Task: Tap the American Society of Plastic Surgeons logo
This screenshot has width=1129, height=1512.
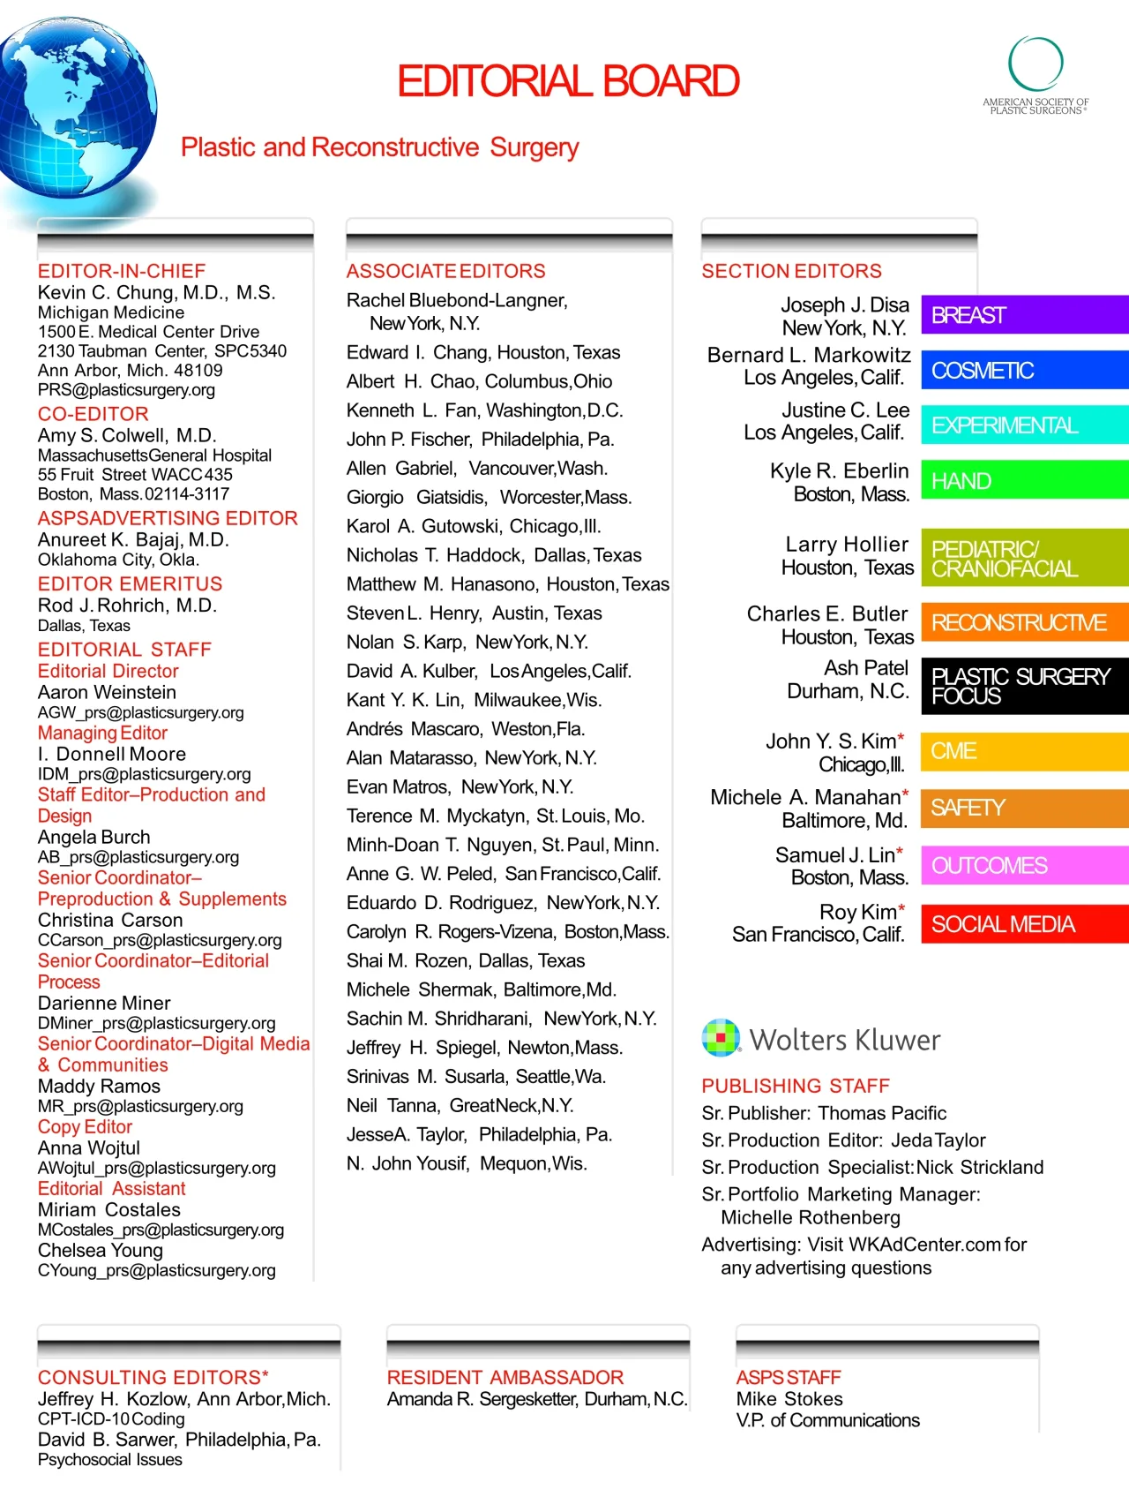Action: tap(1036, 75)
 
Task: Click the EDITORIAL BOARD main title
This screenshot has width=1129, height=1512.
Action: tap(568, 81)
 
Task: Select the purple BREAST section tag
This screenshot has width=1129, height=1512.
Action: tap(1024, 315)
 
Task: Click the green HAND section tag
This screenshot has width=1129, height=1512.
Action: tap(1024, 481)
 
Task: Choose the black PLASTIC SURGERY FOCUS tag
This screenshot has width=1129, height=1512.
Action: tap(1024, 686)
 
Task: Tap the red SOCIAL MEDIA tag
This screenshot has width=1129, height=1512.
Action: tap(1024, 924)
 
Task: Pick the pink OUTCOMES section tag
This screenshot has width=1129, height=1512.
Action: tap(1024, 866)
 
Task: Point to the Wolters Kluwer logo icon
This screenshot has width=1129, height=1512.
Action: tap(721, 1038)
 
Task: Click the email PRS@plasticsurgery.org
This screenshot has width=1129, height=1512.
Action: tap(126, 390)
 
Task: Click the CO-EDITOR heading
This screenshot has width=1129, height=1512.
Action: tap(93, 414)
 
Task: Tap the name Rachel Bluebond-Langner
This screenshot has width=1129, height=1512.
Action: tap(457, 301)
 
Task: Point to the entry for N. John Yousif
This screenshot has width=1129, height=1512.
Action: tap(467, 1163)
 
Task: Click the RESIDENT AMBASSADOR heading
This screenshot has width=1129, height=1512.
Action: tap(505, 1377)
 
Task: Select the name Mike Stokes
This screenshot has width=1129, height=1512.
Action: tap(789, 1399)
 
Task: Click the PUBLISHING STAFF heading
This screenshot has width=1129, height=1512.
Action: tap(796, 1086)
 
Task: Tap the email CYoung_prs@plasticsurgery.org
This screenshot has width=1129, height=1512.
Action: tap(156, 1271)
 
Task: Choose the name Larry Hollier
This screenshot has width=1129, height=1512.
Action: tap(847, 545)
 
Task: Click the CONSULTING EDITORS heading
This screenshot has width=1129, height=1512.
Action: tap(153, 1377)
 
